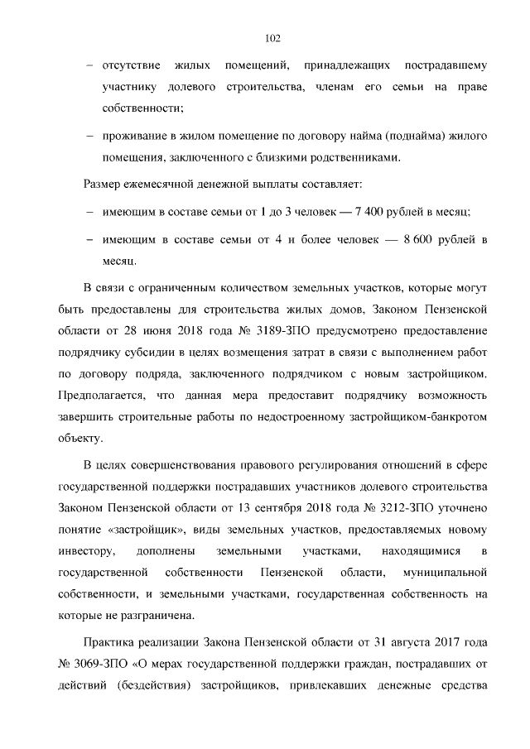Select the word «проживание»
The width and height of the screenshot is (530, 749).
click(x=134, y=134)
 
